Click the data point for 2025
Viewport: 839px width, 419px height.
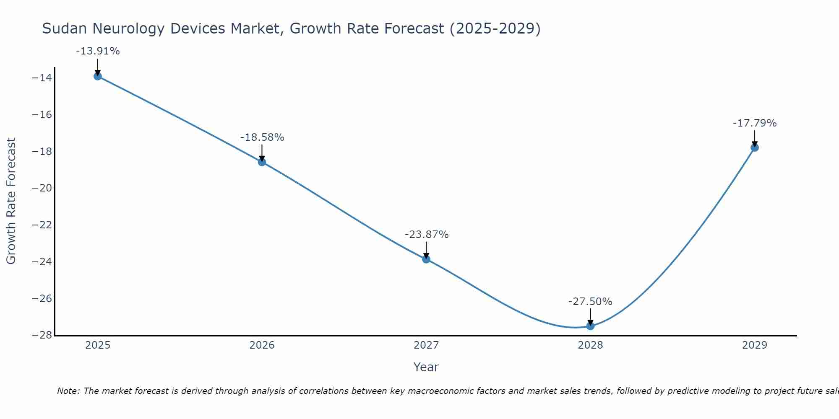coord(98,76)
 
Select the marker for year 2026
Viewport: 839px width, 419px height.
coord(262,162)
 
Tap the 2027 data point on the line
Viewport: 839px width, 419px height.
coord(426,259)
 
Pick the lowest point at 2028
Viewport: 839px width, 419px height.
coord(590,326)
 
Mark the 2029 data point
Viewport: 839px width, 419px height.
coord(755,147)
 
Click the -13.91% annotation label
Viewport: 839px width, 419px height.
coord(98,51)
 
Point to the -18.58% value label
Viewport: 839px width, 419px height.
coord(262,137)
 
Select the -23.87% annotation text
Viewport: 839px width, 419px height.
coord(427,235)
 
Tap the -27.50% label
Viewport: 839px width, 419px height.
coord(590,302)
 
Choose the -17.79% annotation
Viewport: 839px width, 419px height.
coord(755,123)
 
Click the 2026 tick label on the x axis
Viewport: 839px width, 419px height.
coord(262,345)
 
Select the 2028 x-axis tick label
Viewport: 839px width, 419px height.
coord(590,345)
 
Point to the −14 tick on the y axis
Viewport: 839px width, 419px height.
coord(42,78)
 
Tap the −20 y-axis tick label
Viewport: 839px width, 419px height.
coord(42,188)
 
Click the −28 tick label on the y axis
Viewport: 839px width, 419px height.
coord(42,335)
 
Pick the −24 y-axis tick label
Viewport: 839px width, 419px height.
coord(42,262)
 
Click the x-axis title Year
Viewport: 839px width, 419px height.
coord(426,367)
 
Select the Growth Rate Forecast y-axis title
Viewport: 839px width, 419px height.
coord(11,201)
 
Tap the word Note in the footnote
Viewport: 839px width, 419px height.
coord(68,391)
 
